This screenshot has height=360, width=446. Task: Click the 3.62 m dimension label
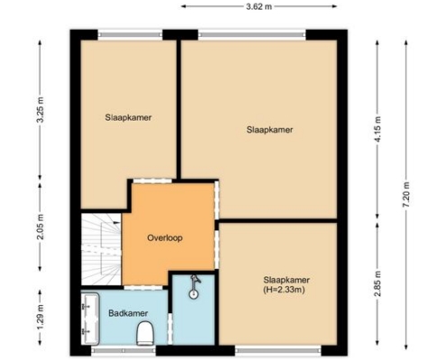click(x=259, y=6)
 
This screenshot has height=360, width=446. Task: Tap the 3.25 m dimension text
click(x=41, y=110)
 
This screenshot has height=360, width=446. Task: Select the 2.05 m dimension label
click(x=41, y=227)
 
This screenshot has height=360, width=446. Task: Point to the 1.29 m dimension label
click(x=41, y=317)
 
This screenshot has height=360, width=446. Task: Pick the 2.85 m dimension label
click(x=378, y=283)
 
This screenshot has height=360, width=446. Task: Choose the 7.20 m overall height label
click(x=405, y=194)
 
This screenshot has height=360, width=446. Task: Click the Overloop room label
click(x=165, y=238)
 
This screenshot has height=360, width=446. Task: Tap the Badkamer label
click(x=128, y=313)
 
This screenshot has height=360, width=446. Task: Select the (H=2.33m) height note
click(x=284, y=290)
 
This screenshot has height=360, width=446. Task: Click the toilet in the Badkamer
click(x=145, y=333)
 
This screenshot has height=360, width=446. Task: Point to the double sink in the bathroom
click(x=90, y=319)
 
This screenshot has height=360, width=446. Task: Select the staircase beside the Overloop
click(x=101, y=249)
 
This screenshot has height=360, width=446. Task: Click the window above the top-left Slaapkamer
click(x=130, y=34)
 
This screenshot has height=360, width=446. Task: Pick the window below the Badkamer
click(x=123, y=350)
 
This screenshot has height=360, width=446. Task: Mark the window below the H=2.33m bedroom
click(x=278, y=350)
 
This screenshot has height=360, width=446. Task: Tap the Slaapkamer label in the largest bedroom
click(x=269, y=130)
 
